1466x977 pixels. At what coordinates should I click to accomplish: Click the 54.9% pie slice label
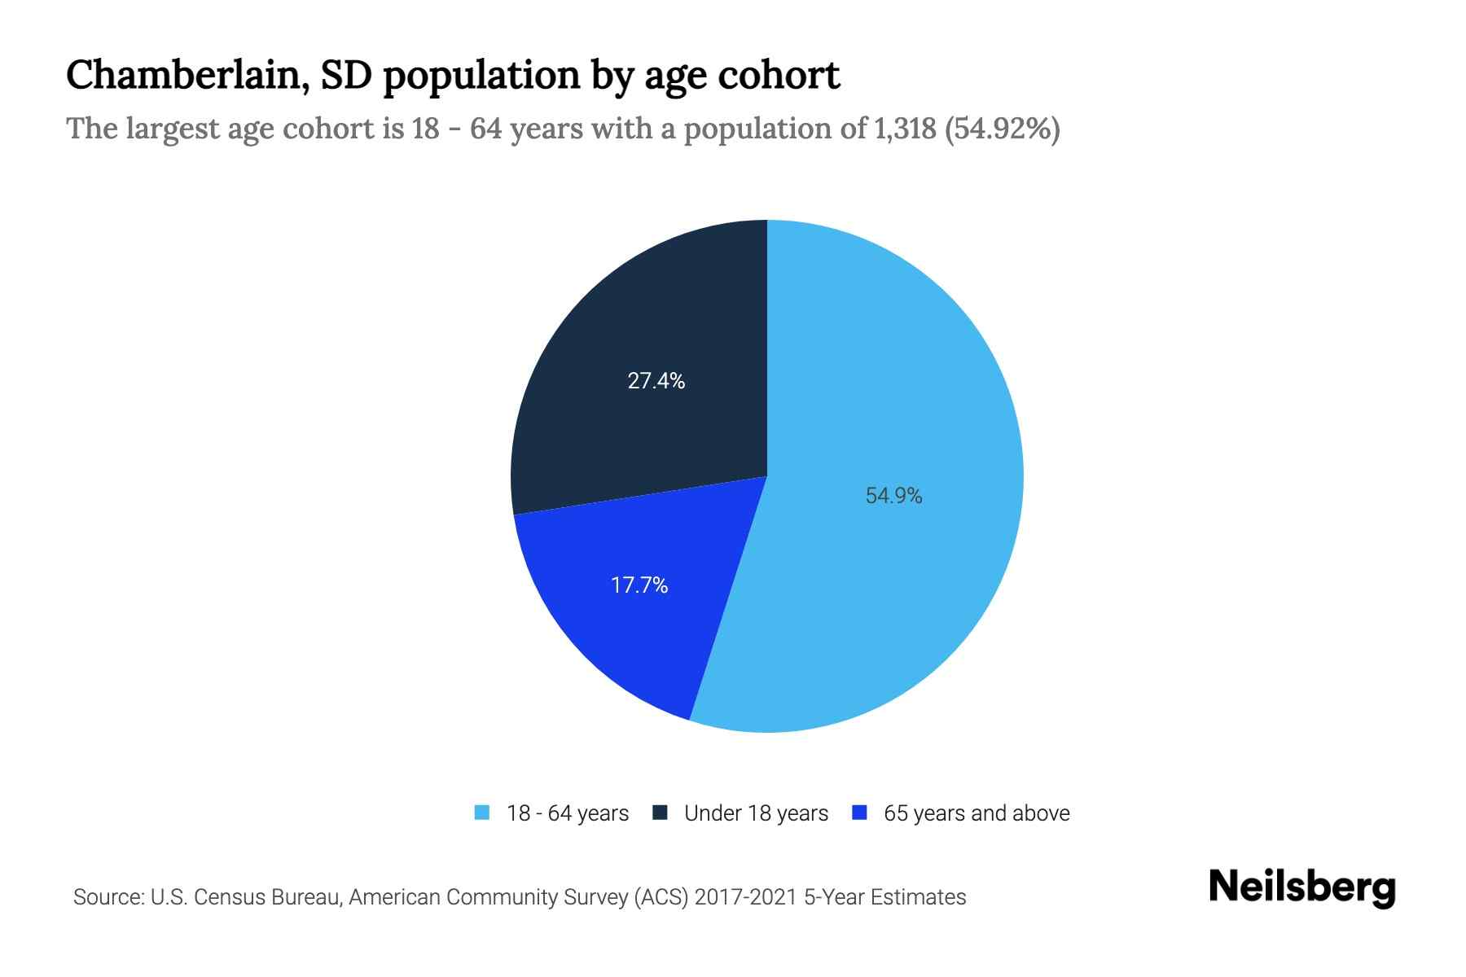click(893, 496)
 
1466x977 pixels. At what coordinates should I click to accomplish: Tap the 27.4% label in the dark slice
click(656, 380)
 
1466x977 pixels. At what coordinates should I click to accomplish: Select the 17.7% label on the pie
click(639, 585)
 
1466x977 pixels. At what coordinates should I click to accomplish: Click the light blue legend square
click(482, 813)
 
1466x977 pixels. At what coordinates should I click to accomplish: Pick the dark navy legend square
click(661, 813)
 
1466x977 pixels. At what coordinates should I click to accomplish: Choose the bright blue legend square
click(858, 813)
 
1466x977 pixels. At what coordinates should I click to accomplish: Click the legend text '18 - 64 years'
click(568, 813)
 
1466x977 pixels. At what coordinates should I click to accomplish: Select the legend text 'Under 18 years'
click(756, 813)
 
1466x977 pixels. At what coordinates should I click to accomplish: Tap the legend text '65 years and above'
click(977, 813)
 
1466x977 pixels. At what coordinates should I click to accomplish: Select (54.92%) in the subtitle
click(1002, 129)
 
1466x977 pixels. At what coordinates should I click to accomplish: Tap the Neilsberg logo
click(1301, 887)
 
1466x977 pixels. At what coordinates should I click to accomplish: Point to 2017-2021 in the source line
click(745, 897)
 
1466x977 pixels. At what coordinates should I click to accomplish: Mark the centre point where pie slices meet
click(767, 476)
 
